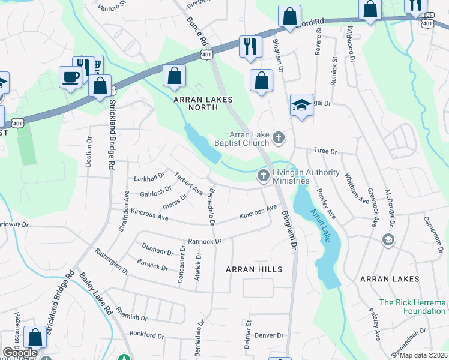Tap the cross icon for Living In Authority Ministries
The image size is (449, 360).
click(x=262, y=176)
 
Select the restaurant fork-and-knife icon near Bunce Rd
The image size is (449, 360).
click(x=250, y=46)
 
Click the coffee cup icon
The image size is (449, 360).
click(x=70, y=77)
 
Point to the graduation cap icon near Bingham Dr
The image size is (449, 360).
click(x=301, y=106)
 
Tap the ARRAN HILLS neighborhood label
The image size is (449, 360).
click(x=254, y=269)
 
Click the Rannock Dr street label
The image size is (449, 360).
click(x=205, y=241)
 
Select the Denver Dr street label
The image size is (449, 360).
click(x=268, y=335)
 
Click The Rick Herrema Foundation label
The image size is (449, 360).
click(x=412, y=307)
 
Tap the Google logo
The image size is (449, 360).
click(x=20, y=352)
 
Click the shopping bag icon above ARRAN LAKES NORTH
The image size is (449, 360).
click(x=174, y=76)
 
